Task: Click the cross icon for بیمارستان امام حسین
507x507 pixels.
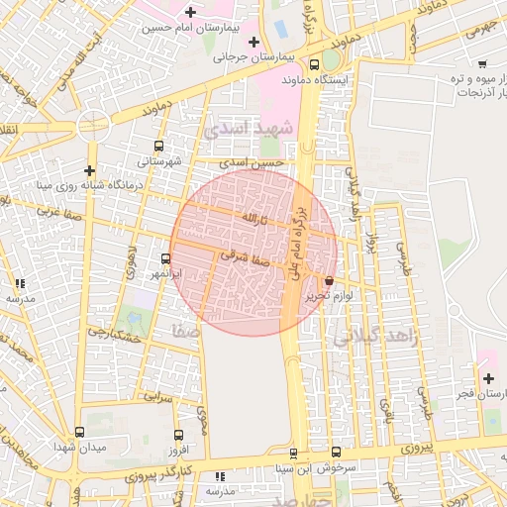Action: (x=189, y=12)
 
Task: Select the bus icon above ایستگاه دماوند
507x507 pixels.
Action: (x=314, y=64)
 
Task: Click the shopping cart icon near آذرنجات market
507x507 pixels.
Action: (x=482, y=64)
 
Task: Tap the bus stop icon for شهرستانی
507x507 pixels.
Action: (x=159, y=146)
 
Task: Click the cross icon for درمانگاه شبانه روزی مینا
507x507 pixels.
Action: (x=90, y=170)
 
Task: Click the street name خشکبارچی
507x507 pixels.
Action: (x=110, y=332)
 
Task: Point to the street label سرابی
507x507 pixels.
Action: (x=158, y=395)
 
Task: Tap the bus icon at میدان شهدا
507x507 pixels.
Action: (x=79, y=433)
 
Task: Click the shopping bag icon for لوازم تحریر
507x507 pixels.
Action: (x=328, y=281)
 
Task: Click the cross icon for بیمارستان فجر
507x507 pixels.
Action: (x=488, y=378)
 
